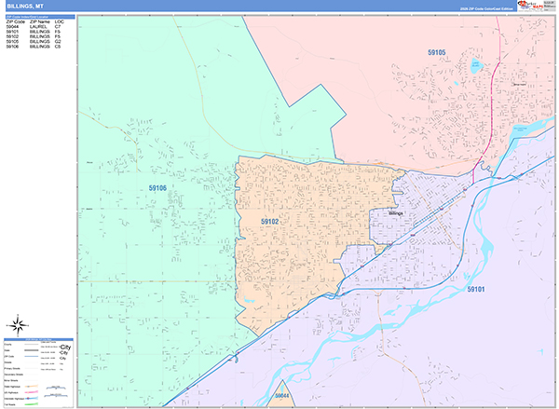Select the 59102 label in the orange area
[270, 222]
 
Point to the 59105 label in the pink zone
[436, 52]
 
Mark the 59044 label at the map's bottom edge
[282, 397]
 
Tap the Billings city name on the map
[400, 213]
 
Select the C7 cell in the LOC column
[58, 28]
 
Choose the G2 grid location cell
[58, 42]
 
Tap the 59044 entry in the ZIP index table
[13, 28]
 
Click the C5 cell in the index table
[58, 47]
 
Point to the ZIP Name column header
[40, 22]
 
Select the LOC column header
[60, 22]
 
